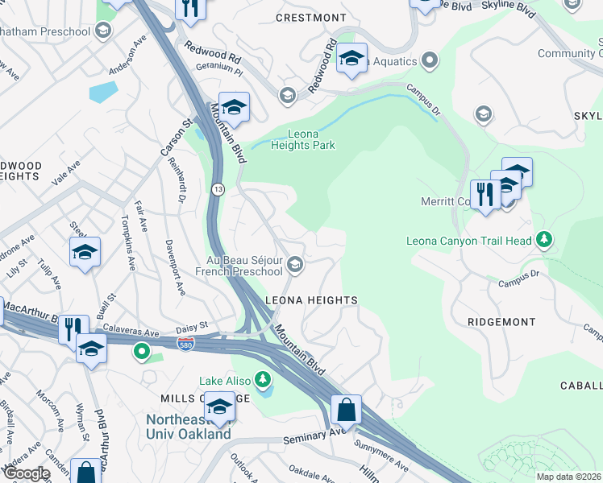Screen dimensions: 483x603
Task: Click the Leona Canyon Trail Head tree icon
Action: point(545,239)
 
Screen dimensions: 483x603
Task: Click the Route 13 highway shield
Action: point(218,188)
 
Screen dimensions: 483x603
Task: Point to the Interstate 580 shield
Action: point(186,343)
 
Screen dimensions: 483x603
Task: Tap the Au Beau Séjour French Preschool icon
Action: point(296,264)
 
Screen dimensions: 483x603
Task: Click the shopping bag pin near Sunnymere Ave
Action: point(346,410)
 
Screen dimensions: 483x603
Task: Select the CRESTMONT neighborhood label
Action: point(310,18)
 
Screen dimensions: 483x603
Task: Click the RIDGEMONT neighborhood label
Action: point(501,321)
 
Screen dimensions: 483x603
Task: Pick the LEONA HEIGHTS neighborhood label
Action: point(311,300)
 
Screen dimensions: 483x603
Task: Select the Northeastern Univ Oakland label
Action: point(188,427)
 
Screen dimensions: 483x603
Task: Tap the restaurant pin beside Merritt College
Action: point(484,196)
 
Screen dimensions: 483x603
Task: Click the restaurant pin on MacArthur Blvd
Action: point(73,328)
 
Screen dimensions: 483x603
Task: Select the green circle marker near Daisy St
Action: point(142,351)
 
